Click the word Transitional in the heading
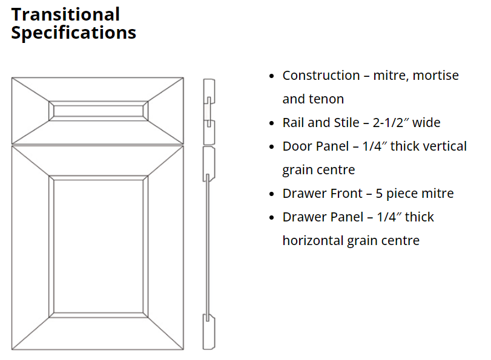[65, 15]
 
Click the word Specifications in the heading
[74, 33]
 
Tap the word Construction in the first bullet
[321, 76]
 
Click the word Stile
[346, 123]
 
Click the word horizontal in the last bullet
[313, 241]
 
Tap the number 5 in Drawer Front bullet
[379, 194]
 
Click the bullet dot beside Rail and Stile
[271, 123]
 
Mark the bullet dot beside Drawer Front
[271, 194]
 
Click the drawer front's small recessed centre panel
[98, 111]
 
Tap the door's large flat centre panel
[98, 246]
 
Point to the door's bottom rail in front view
[97, 333]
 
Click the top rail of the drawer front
[97, 90]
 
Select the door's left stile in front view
[30, 247]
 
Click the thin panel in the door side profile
[207, 247]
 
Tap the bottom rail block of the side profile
[209, 332]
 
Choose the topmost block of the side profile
[209, 91]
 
